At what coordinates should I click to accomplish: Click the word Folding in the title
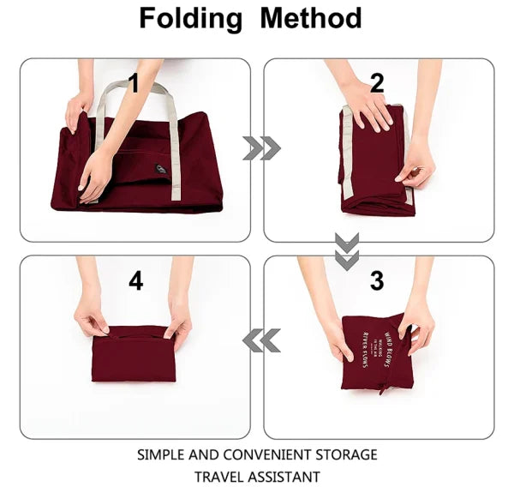(191, 19)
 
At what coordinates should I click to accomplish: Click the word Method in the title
(311, 19)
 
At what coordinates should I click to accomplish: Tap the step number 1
(134, 83)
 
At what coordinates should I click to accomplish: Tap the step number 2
(378, 83)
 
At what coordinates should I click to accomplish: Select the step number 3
(378, 280)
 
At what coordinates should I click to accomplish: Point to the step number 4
(135, 280)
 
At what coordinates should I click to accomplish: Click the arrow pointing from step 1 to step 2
(261, 148)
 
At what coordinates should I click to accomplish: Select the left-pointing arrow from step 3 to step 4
(261, 341)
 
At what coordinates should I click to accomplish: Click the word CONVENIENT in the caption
(268, 454)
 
